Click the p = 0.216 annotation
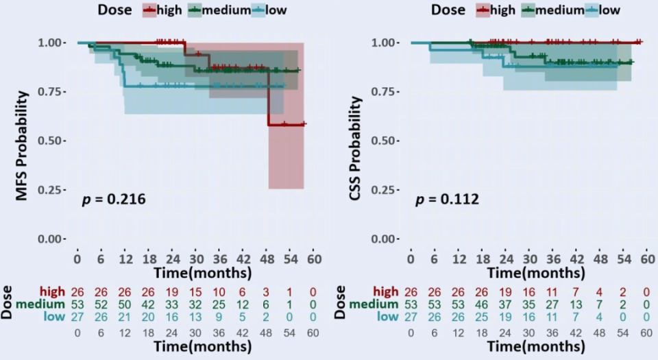tap(114, 200)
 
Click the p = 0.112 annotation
tap(447, 200)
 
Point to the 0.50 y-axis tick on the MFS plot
tap(52, 141)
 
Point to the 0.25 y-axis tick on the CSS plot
tap(385, 190)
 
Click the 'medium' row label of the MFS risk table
tap(43, 304)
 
